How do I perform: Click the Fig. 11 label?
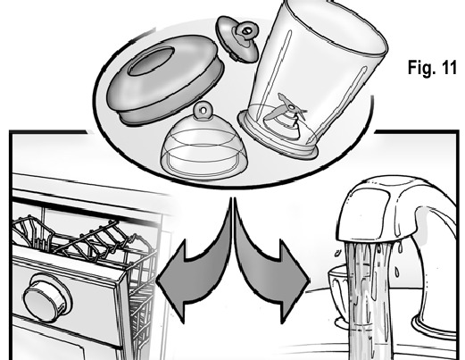tap(432, 68)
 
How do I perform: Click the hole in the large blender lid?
tap(151, 61)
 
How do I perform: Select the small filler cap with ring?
tap(238, 38)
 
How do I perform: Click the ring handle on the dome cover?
tap(203, 110)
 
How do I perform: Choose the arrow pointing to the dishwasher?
tap(195, 268)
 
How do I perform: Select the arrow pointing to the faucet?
tap(270, 268)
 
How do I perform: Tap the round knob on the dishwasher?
tap(47, 297)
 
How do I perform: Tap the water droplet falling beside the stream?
tap(397, 272)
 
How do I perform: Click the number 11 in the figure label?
tap(449, 68)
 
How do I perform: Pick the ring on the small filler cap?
tap(247, 30)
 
